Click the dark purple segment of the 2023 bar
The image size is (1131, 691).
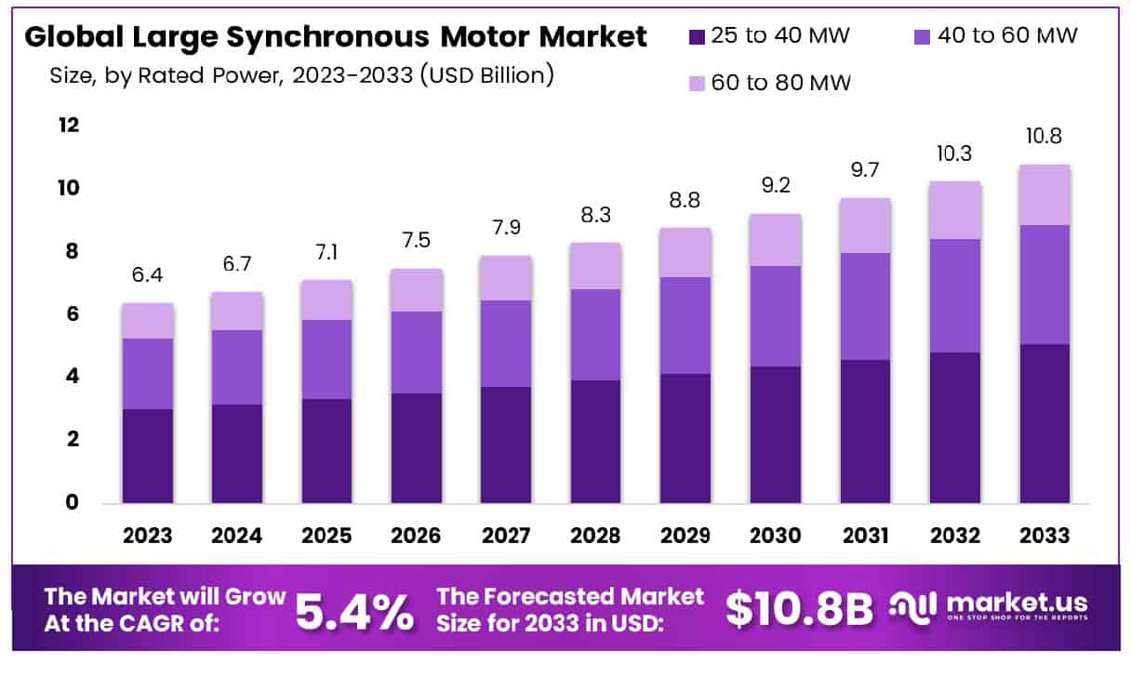(x=148, y=456)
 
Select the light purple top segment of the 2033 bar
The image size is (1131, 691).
(x=1044, y=194)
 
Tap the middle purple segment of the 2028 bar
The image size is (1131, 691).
(x=596, y=335)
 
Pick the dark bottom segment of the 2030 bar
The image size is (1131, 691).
(x=776, y=434)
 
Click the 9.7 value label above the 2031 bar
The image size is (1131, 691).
(x=865, y=170)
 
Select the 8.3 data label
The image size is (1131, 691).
(x=596, y=215)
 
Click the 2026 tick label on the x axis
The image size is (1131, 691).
(x=417, y=536)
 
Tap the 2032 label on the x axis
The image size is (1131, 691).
(x=954, y=536)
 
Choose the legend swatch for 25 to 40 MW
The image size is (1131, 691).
(x=697, y=37)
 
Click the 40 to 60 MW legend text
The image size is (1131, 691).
(x=1008, y=36)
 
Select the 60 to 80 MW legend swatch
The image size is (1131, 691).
(x=697, y=84)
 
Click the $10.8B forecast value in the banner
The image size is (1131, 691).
(x=800, y=609)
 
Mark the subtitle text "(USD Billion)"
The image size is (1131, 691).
(x=486, y=75)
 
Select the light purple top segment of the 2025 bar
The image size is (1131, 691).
(x=327, y=299)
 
